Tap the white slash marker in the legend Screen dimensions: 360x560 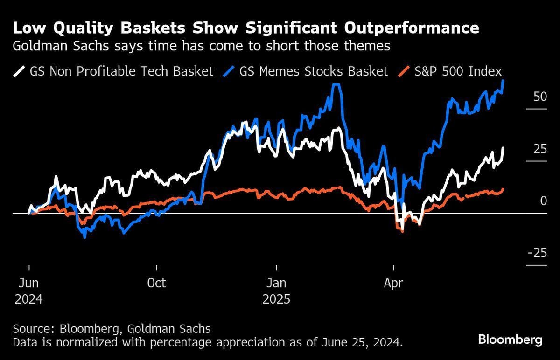tap(20, 71)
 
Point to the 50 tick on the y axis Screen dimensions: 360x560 tap(539, 97)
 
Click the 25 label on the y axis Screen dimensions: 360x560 tap(539, 149)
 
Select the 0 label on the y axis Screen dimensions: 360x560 tap(543, 201)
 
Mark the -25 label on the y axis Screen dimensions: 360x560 tap(537, 253)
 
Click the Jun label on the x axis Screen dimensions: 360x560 tap(29, 283)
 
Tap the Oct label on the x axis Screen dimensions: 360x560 tap(156, 283)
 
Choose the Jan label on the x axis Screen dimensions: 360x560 tap(276, 283)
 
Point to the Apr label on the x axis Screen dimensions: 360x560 tap(393, 283)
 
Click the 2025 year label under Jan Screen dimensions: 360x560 tap(276, 298)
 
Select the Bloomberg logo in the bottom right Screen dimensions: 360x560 tap(510, 339)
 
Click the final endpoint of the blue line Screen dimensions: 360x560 tap(503, 81)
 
